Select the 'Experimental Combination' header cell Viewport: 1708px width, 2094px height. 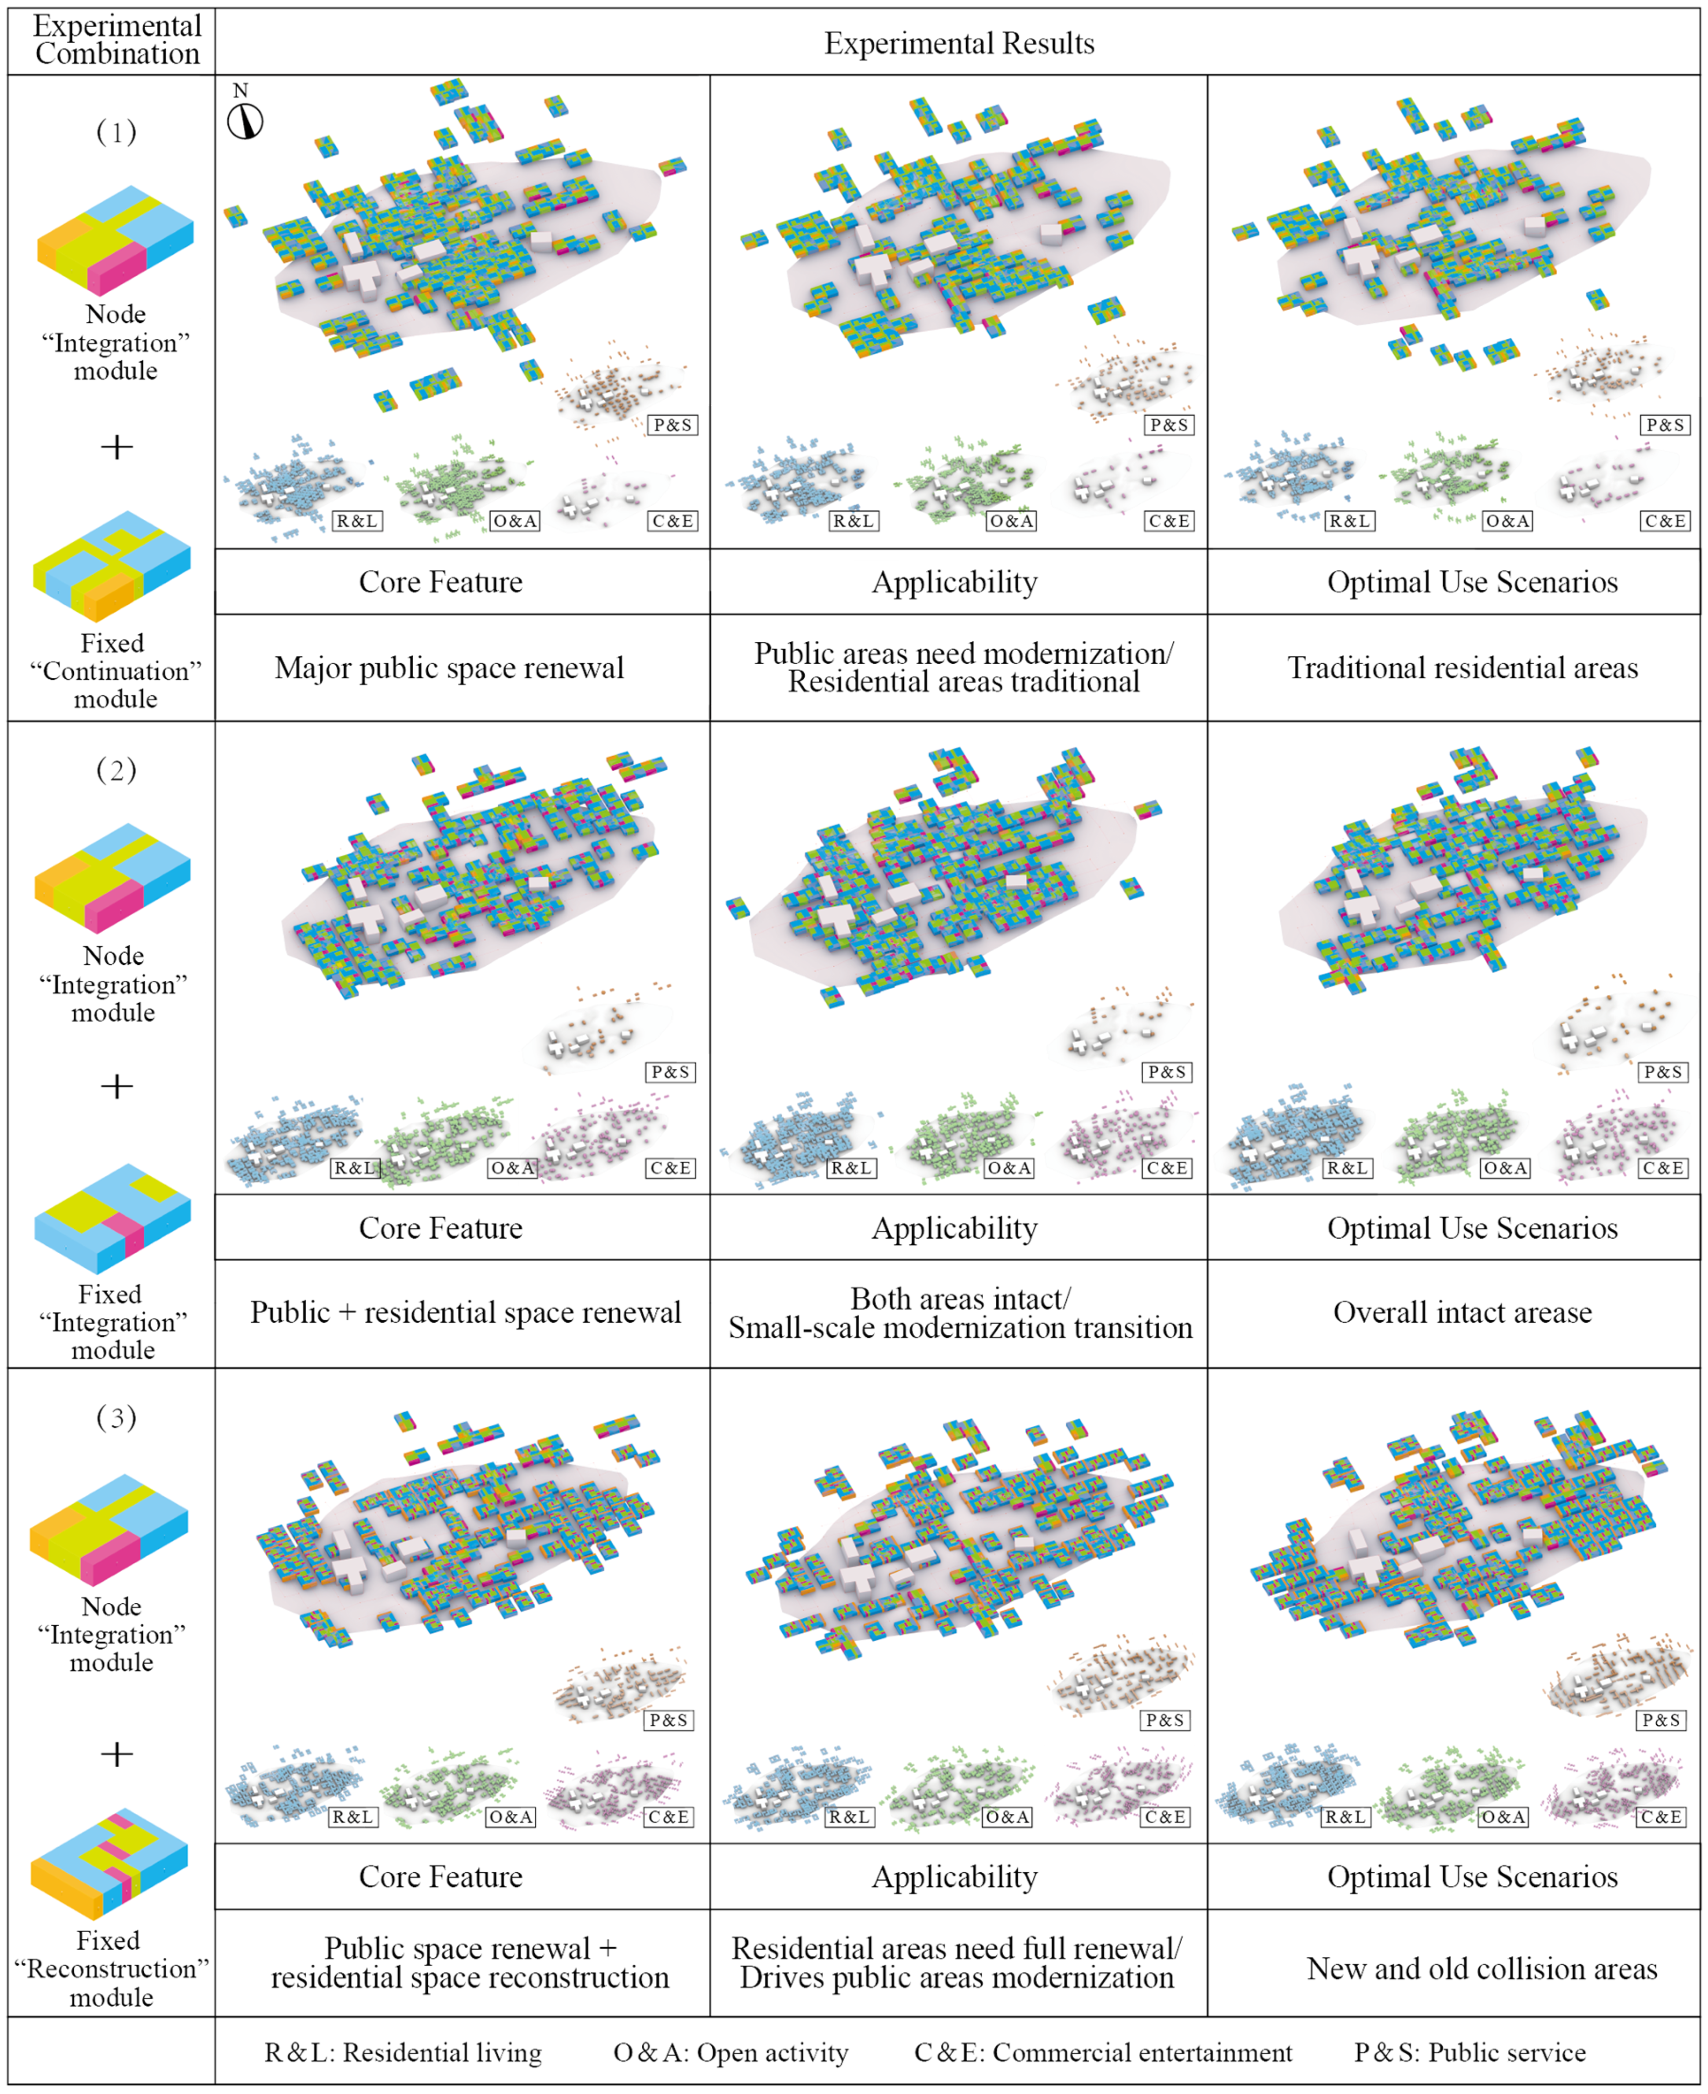click(116, 40)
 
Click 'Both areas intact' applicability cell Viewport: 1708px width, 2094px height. click(959, 1313)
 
